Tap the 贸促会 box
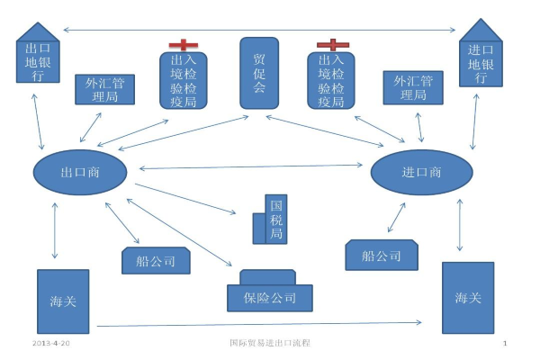coord(259,74)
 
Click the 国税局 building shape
coord(274,220)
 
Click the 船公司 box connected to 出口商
coord(156,261)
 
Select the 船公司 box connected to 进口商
coord(382,255)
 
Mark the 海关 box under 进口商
coord(467,298)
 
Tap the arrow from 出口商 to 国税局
coord(193,200)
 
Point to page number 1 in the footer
coord(505,344)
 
